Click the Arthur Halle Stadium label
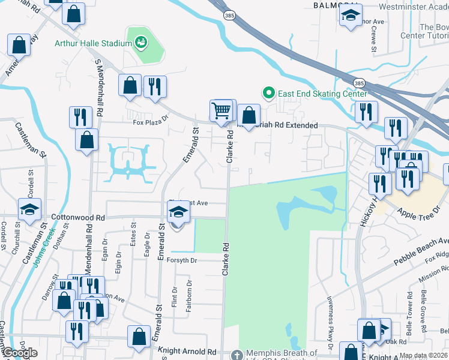point(93,43)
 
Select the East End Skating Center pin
point(268,94)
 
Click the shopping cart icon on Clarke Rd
point(221,110)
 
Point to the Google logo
point(20,353)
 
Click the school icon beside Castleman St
point(29,209)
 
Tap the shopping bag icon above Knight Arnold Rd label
point(139,337)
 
